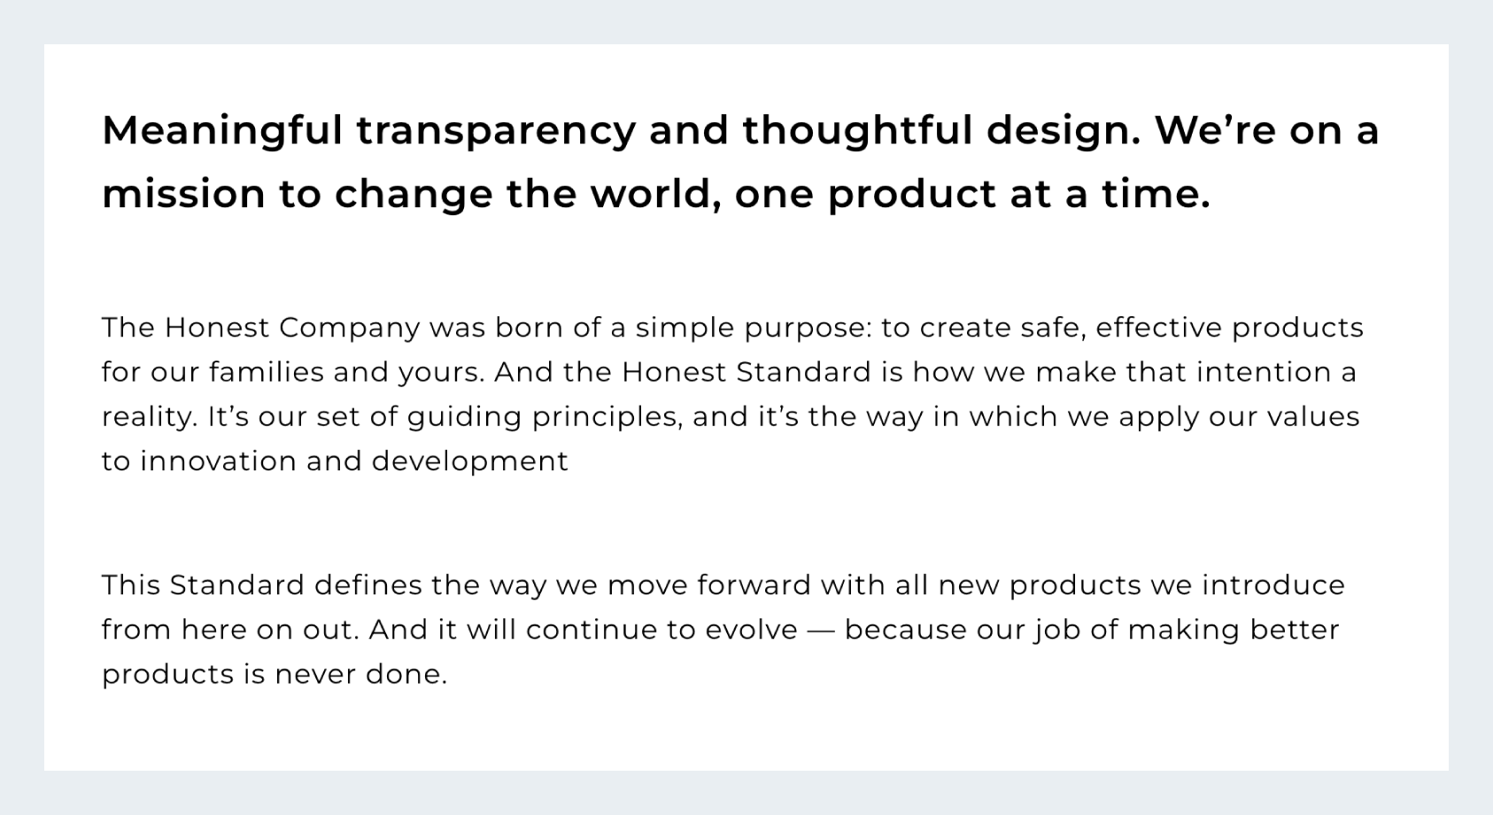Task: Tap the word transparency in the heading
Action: (496, 131)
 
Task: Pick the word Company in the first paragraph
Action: (350, 329)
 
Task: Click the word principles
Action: (605, 417)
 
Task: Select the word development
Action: (470, 462)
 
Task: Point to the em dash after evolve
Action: (821, 630)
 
